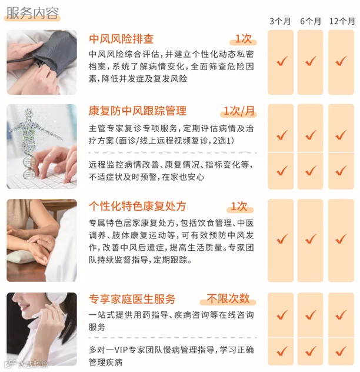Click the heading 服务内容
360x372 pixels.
click(x=32, y=13)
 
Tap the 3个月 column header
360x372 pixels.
click(x=280, y=21)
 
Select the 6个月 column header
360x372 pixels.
click(x=311, y=21)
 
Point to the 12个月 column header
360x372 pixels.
click(x=342, y=21)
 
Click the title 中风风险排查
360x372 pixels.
click(x=121, y=39)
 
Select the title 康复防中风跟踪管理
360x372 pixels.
click(x=138, y=111)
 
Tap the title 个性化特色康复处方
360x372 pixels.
click(x=138, y=206)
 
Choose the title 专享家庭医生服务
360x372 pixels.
click(x=132, y=299)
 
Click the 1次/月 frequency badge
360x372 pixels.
click(x=239, y=111)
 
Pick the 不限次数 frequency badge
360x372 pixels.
click(x=228, y=298)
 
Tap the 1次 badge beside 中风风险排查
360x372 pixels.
click(x=244, y=39)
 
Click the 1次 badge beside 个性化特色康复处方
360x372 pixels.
click(x=239, y=206)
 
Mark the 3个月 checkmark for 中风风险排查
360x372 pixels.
click(x=282, y=61)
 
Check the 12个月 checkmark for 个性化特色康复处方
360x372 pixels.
click(x=341, y=238)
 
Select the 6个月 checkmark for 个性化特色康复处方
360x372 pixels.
click(x=311, y=238)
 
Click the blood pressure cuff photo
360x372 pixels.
click(x=42, y=62)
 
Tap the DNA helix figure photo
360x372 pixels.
click(x=42, y=147)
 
